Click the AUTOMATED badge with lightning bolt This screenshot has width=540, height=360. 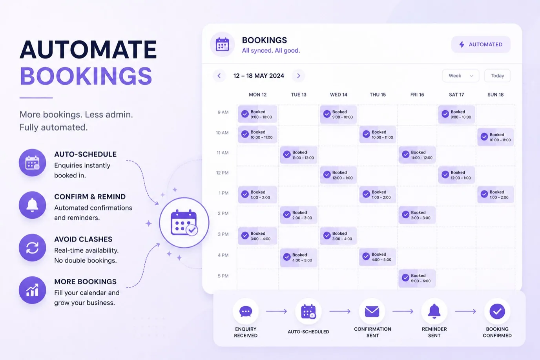(x=481, y=44)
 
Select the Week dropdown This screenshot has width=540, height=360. (x=460, y=76)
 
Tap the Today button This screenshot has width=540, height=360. (x=497, y=76)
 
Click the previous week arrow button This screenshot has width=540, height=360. (x=219, y=76)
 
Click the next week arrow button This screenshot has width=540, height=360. (x=298, y=76)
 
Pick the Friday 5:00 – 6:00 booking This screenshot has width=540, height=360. (x=417, y=278)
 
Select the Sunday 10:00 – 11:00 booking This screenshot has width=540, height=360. (x=496, y=137)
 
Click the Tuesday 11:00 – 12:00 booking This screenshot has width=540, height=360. (x=298, y=155)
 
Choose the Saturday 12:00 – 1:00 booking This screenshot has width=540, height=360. (x=456, y=175)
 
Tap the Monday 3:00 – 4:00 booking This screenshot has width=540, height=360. (x=257, y=236)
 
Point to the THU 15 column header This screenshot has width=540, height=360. (x=378, y=95)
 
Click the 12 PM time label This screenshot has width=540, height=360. (x=222, y=173)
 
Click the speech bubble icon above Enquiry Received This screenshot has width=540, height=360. (x=246, y=311)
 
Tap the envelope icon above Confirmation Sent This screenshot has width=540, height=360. (x=372, y=311)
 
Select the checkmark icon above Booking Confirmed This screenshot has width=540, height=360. (x=497, y=311)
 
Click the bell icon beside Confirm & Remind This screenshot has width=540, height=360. (x=32, y=205)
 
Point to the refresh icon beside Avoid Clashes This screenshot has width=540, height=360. (x=32, y=248)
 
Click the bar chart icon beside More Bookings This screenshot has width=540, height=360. (x=32, y=290)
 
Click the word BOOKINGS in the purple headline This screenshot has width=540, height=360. (x=86, y=76)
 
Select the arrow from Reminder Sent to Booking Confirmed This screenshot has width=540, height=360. (x=465, y=311)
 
